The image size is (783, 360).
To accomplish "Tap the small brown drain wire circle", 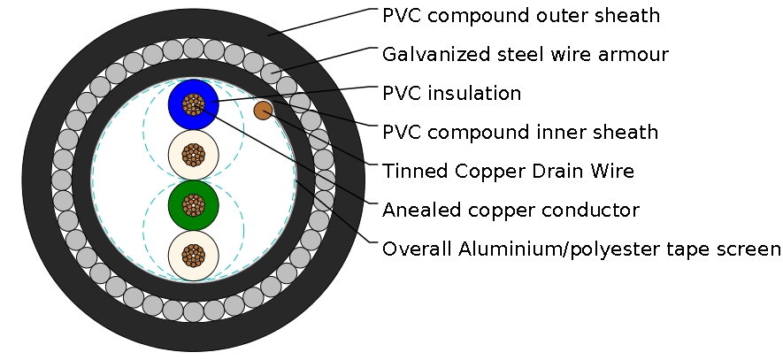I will (x=263, y=111).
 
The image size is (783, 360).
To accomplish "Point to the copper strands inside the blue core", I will (x=193, y=105).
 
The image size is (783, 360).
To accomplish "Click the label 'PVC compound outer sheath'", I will (x=521, y=16).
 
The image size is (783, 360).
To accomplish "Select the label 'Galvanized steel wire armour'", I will (x=525, y=55).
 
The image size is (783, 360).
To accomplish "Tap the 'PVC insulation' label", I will (x=451, y=93).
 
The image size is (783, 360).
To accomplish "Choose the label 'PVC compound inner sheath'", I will (x=520, y=133).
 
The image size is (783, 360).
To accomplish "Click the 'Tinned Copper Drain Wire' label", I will (x=508, y=171).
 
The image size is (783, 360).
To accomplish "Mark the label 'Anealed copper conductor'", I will (x=510, y=211).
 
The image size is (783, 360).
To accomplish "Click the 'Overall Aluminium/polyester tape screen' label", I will (x=581, y=249).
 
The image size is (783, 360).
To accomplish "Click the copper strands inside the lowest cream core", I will (x=193, y=257).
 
